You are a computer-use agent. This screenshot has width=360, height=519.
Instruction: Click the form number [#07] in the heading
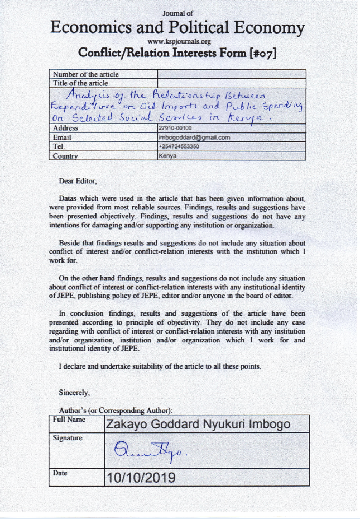point(260,54)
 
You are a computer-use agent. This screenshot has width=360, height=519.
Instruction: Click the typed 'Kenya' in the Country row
point(168,156)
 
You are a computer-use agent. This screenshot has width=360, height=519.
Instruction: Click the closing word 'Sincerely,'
point(74,392)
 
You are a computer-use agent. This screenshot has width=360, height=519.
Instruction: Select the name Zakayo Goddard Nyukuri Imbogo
point(198,424)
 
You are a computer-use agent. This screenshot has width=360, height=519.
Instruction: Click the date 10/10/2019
point(141,478)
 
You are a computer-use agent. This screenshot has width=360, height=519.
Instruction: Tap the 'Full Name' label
point(69,419)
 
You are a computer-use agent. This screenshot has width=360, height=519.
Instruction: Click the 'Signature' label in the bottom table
point(68,438)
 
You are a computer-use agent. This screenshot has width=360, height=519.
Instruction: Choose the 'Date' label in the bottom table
point(60,473)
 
